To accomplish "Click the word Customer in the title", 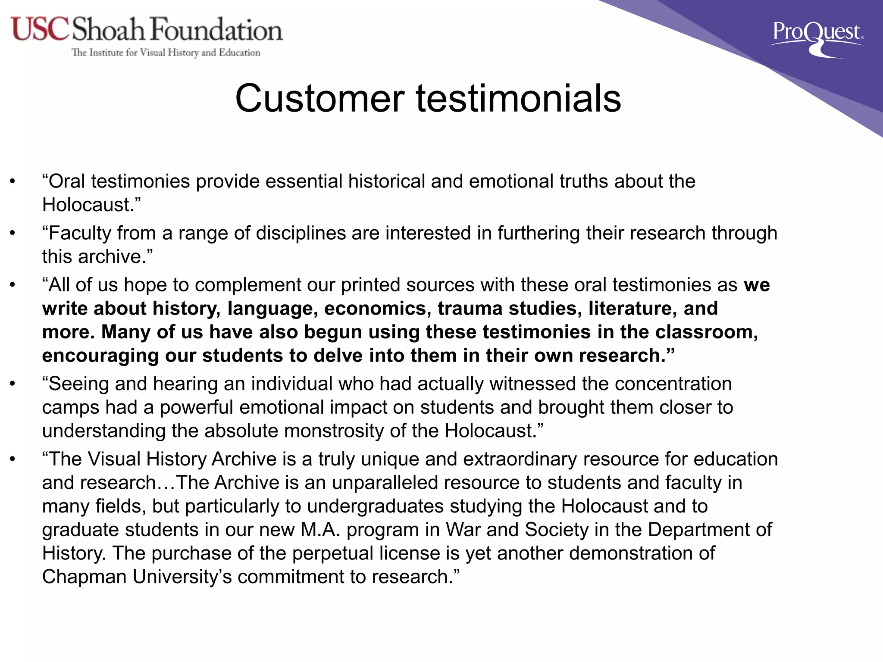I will pyautogui.click(x=319, y=99).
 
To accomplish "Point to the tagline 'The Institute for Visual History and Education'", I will pyautogui.click(x=166, y=53).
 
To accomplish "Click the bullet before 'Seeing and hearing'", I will pyautogui.click(x=13, y=384).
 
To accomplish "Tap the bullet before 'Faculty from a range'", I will pyautogui.click(x=13, y=233).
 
